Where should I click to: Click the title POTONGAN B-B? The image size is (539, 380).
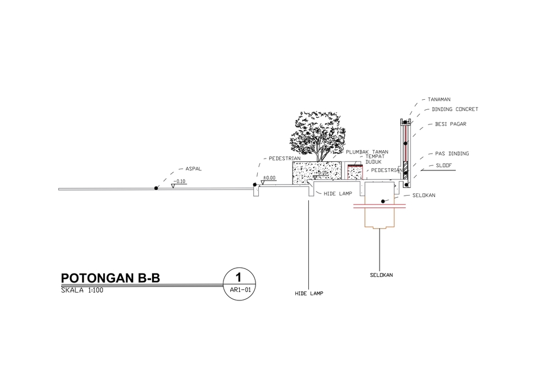point(111,277)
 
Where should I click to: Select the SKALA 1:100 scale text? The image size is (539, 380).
point(82,290)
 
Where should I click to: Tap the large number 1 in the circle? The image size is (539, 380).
point(238,277)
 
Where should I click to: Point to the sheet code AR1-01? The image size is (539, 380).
point(240,290)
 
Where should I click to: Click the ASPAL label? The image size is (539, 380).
point(194,169)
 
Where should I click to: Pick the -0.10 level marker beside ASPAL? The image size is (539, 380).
point(179,181)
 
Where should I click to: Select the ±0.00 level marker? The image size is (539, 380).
point(269,178)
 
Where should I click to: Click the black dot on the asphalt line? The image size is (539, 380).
point(156,188)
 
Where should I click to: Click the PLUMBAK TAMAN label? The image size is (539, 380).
point(367,152)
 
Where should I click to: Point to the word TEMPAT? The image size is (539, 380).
point(374,156)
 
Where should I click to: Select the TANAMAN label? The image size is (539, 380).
point(439,100)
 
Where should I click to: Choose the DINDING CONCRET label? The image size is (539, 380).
point(455,109)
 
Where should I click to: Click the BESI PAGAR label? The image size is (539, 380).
point(451,124)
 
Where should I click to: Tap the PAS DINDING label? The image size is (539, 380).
point(452,154)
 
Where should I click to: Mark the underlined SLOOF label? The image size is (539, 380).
point(444,165)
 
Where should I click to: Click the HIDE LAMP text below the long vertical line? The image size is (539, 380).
point(309,294)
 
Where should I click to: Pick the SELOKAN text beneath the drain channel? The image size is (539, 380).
point(381,275)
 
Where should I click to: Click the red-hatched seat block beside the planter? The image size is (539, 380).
point(355,172)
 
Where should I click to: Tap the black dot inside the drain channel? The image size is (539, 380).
point(383,201)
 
